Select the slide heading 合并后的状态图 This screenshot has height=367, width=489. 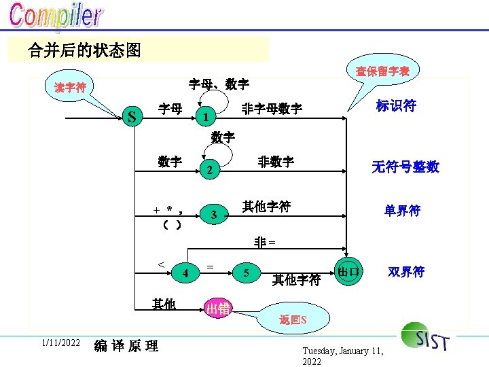[85, 50]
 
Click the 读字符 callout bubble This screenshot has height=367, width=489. [71, 88]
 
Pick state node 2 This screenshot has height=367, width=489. [210, 170]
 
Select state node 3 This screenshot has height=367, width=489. [214, 215]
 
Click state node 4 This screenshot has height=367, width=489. [185, 273]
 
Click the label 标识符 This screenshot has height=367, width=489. [396, 106]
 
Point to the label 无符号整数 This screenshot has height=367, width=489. [405, 167]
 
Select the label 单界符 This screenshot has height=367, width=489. [402, 211]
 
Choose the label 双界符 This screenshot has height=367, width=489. [406, 272]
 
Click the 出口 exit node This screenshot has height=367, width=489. [348, 271]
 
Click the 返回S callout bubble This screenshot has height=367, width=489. [293, 319]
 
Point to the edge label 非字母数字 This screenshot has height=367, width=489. [272, 109]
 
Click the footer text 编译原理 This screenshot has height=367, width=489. [126, 346]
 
